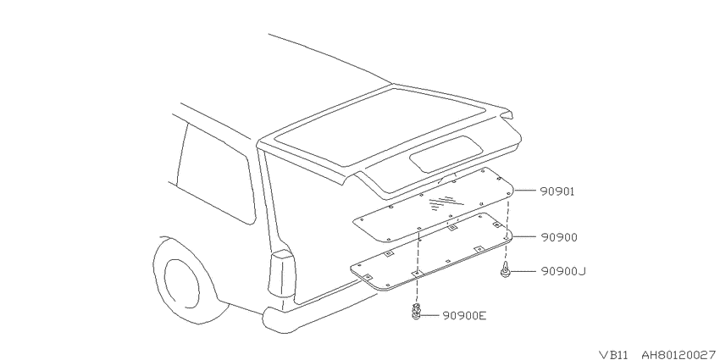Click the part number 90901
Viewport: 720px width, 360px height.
click(557, 191)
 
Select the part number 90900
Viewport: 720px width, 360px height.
click(559, 237)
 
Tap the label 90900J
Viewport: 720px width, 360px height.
click(563, 272)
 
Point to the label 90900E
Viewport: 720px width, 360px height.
click(464, 315)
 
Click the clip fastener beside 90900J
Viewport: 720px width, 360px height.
click(505, 269)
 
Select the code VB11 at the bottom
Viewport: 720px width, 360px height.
click(615, 355)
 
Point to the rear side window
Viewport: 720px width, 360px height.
click(216, 174)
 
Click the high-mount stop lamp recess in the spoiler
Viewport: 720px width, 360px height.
click(446, 153)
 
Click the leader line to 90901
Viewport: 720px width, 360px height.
click(525, 190)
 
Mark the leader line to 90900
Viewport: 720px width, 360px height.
click(525, 237)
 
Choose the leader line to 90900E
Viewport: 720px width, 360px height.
click(429, 315)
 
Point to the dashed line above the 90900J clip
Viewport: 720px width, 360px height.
click(507, 227)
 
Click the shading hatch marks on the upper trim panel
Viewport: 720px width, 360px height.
click(442, 202)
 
